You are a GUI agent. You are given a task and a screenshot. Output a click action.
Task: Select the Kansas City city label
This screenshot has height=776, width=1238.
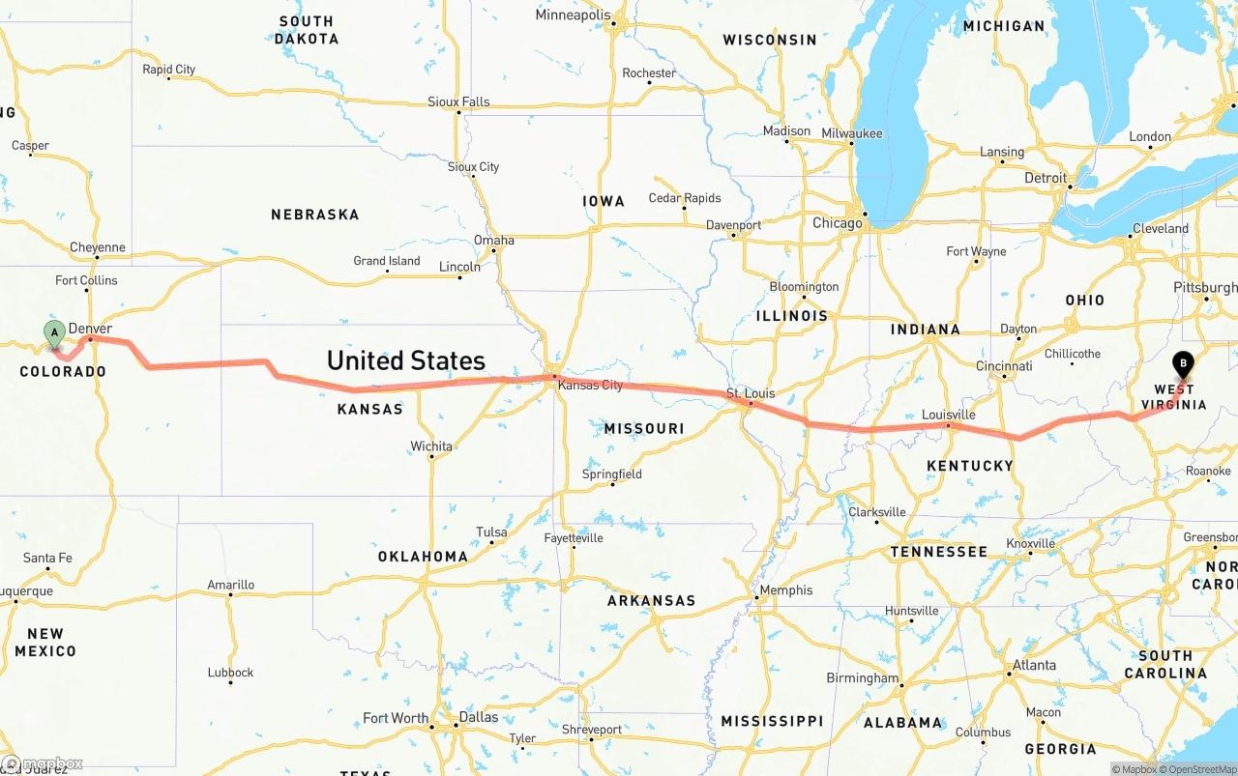(x=591, y=385)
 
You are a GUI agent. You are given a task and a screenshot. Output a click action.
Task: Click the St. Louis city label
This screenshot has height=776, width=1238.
(x=752, y=393)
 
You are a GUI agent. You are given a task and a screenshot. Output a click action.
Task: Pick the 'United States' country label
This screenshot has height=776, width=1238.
(x=405, y=360)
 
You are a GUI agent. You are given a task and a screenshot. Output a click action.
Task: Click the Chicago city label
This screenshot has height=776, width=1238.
(x=837, y=223)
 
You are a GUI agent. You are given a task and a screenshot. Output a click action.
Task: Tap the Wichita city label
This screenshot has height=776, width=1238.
(x=430, y=446)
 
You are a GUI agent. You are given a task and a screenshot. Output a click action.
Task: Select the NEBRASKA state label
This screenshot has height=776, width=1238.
(x=314, y=215)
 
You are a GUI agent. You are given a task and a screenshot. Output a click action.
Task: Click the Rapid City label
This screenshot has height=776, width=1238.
(x=168, y=70)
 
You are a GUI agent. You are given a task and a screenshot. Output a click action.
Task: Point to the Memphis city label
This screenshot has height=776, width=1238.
(x=785, y=590)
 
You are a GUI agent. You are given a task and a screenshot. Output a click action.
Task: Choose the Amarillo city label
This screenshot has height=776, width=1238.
(x=231, y=585)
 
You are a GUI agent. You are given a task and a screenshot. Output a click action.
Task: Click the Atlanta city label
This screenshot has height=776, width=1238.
(x=1034, y=665)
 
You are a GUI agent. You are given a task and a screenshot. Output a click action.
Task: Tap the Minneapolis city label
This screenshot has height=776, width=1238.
(x=574, y=15)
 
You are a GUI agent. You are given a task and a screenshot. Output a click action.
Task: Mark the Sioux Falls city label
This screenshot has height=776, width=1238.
(x=458, y=101)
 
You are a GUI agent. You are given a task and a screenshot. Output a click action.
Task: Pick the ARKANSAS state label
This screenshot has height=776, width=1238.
(x=651, y=600)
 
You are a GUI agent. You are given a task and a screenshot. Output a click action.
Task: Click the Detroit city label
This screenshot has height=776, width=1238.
(x=1046, y=178)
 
